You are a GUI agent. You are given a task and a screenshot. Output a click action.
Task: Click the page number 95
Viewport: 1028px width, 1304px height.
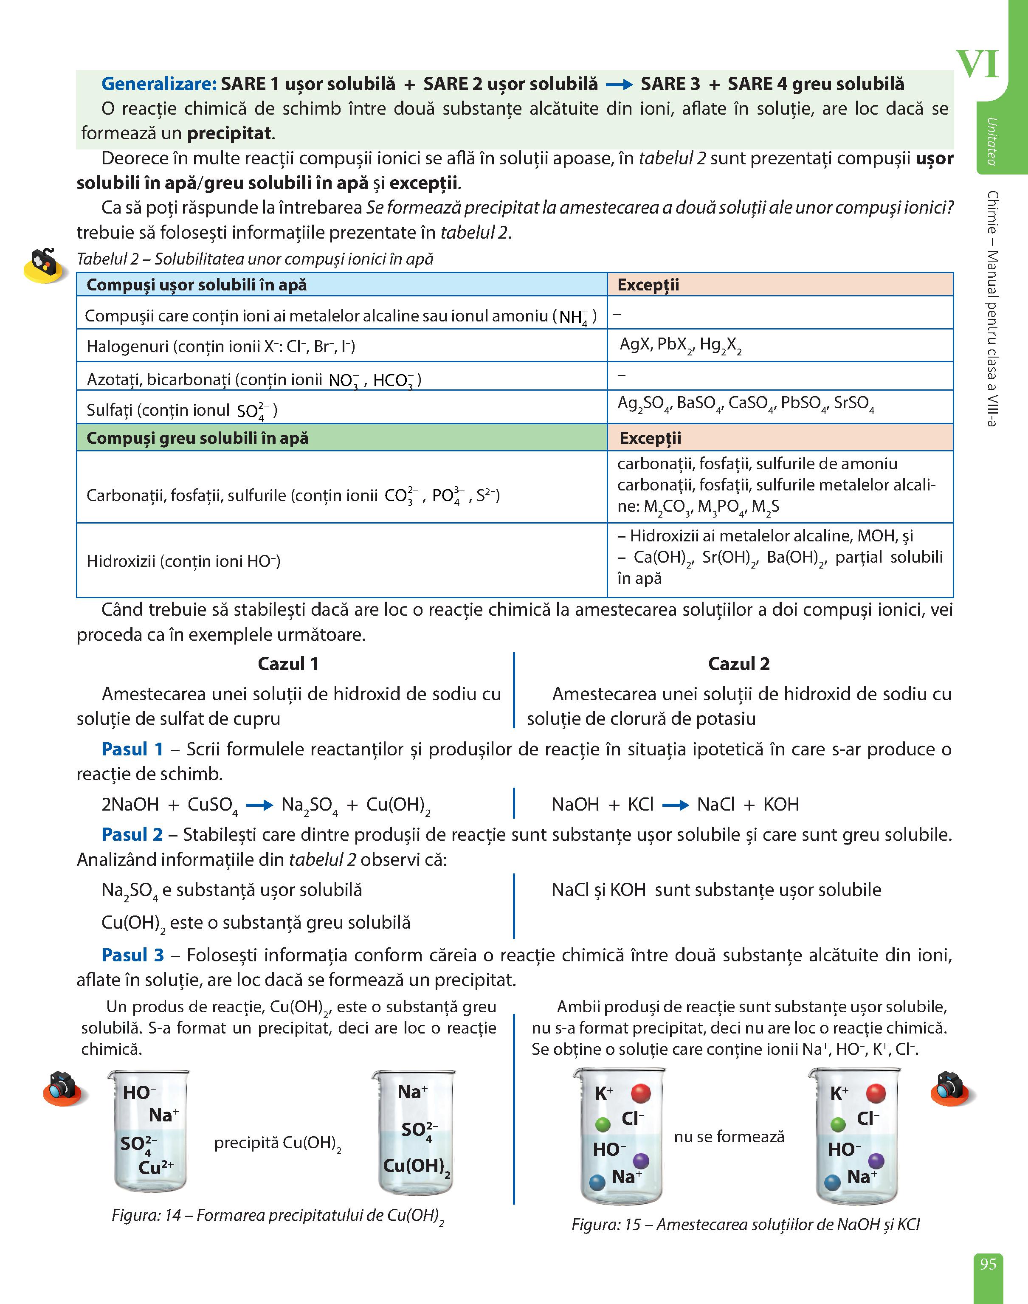988,1264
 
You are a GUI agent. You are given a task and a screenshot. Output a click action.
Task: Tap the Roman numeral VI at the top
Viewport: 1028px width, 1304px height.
977,65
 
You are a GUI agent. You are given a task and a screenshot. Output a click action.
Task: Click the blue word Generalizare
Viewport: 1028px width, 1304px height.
159,84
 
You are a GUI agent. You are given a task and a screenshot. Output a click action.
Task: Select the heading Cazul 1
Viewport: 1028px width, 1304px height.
288,664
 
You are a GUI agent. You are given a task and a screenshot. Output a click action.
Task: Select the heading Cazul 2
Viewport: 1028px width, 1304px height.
738,664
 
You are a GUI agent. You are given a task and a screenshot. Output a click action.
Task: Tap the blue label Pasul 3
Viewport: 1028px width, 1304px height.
132,955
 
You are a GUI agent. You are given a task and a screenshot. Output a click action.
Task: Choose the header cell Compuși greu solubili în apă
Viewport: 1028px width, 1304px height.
197,438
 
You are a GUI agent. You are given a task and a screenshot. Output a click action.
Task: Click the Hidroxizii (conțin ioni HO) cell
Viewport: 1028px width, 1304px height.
183,561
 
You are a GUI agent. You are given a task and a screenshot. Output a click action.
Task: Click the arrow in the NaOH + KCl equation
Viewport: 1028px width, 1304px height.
675,805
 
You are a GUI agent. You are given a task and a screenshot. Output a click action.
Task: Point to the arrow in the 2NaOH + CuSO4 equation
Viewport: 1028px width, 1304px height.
259,805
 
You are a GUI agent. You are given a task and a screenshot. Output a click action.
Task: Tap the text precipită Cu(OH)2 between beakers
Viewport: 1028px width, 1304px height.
277,1143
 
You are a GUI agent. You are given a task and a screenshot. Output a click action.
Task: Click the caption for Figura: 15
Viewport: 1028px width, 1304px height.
745,1225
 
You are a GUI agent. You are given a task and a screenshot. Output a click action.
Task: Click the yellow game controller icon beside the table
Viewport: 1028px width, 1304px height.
45,265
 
